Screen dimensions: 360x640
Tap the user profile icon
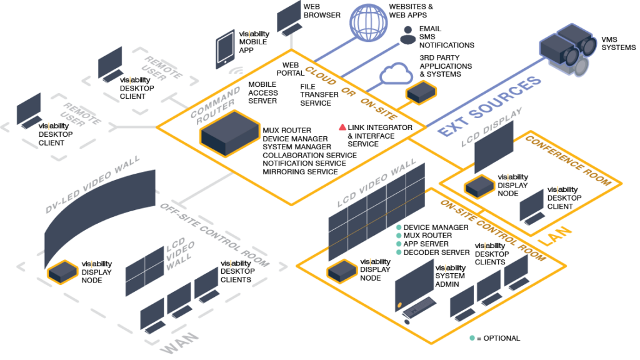click(x=408, y=34)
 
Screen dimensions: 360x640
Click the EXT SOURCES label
click(x=489, y=106)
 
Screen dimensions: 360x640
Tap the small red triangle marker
click(x=342, y=128)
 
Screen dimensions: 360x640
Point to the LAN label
click(x=556, y=236)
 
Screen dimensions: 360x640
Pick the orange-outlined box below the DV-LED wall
click(x=63, y=272)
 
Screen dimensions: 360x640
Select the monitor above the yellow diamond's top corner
click(x=289, y=17)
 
